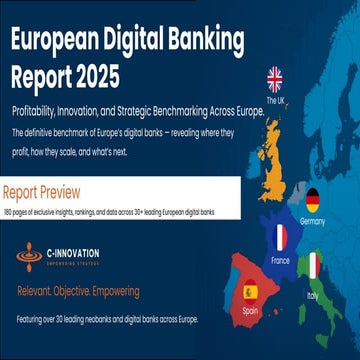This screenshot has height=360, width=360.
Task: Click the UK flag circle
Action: (x=276, y=80)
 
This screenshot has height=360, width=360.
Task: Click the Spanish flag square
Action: (x=250, y=293)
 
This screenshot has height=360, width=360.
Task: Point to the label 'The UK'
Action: (x=275, y=101)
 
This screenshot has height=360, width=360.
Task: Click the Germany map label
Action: (x=312, y=220)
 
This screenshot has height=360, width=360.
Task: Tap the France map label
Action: (x=280, y=259)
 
